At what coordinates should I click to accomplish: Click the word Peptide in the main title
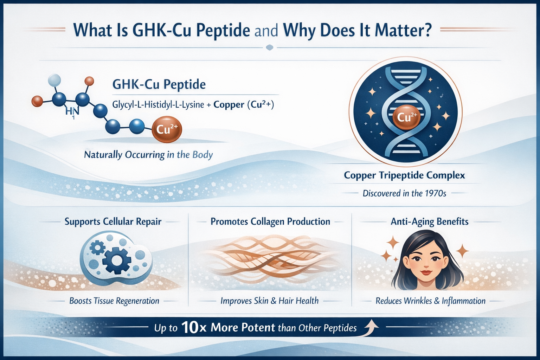[x=223, y=31]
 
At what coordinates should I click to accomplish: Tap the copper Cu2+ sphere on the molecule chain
[x=167, y=130]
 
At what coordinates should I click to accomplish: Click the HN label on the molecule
[x=72, y=111]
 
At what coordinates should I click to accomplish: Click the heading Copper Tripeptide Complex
[x=404, y=175]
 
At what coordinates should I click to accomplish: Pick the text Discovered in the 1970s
[x=404, y=193]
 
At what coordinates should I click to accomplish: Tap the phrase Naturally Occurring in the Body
[x=148, y=155]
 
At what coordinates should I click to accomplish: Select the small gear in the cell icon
[x=97, y=248]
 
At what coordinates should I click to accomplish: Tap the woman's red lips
[x=426, y=272]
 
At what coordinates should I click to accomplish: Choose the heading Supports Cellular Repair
[x=113, y=221]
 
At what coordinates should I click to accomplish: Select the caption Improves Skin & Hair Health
[x=269, y=301]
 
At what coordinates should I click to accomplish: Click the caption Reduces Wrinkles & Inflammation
[x=430, y=301]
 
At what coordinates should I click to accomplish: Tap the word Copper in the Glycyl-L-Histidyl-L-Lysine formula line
[x=229, y=105]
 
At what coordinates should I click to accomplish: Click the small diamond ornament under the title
[x=270, y=47]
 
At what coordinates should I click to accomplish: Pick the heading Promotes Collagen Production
[x=270, y=221]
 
